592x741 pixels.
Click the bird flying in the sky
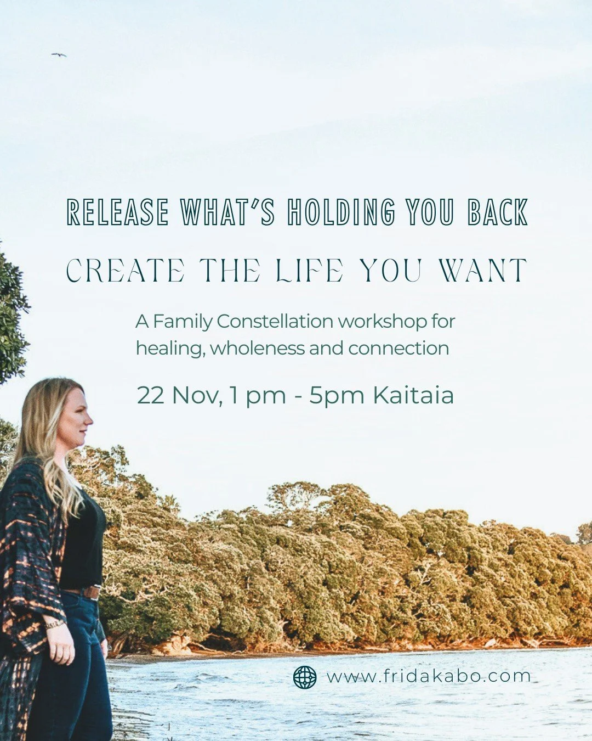[59, 55]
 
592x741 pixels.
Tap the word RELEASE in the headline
[117, 212]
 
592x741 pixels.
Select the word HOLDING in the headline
[341, 212]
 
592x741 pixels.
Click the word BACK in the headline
[498, 212]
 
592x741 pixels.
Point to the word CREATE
[126, 271]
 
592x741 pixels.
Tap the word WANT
[483, 271]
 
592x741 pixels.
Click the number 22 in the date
[150, 395]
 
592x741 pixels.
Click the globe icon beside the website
[305, 677]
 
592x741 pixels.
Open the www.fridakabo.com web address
[429, 676]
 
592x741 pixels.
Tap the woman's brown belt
[88, 592]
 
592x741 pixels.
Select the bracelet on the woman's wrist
[55, 624]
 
